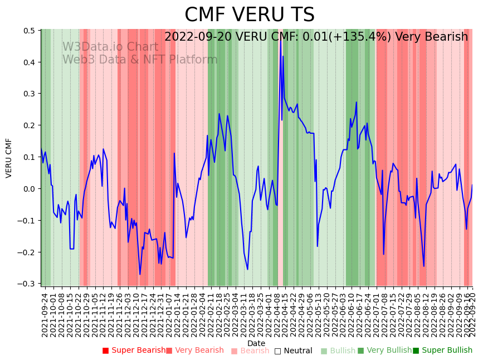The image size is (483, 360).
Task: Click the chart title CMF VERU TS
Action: tap(250, 15)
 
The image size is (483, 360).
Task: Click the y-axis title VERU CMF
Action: tap(9, 158)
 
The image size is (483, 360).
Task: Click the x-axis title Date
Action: tap(256, 343)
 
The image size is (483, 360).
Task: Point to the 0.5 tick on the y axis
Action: tap(30, 31)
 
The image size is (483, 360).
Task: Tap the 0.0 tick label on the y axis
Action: tap(30, 189)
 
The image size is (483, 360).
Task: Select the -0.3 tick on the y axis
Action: tap(28, 284)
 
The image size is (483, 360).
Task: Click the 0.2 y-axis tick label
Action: tap(30, 125)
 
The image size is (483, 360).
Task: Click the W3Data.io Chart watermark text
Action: tap(110, 47)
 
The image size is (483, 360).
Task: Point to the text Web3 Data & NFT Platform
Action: tap(140, 60)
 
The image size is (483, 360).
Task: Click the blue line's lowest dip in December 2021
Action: tap(140, 274)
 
